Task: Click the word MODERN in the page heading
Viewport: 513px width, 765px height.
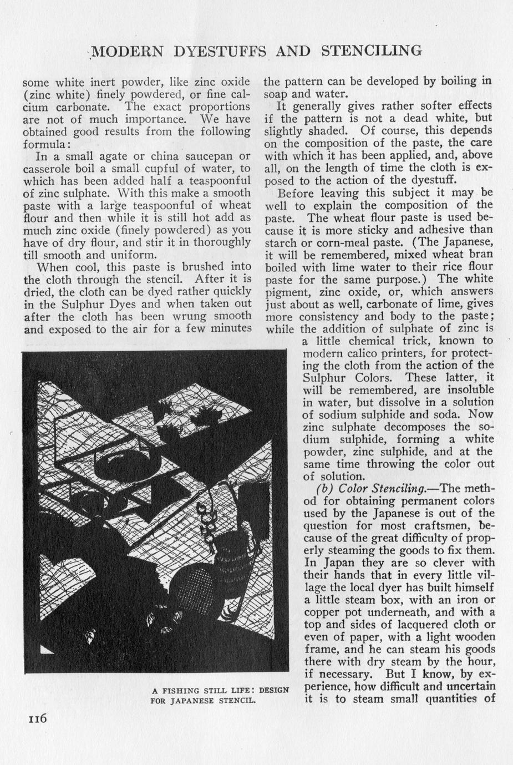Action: coord(126,52)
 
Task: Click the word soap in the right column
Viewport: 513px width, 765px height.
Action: coord(276,93)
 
